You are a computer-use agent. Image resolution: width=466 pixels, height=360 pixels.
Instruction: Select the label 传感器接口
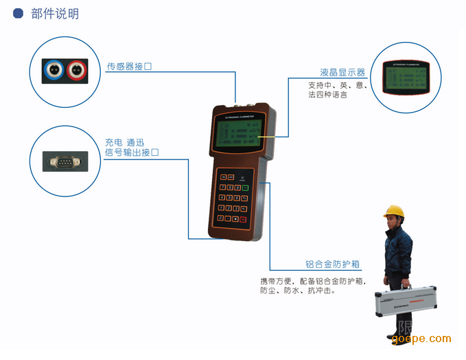tap(129, 67)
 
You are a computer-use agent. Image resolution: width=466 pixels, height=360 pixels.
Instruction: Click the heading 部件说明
tap(55, 13)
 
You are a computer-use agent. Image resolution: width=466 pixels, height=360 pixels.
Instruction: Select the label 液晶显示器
tap(342, 72)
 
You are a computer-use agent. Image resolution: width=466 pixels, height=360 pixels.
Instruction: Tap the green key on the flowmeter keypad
tap(245, 187)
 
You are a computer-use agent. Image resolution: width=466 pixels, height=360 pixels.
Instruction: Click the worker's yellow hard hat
tap(393, 212)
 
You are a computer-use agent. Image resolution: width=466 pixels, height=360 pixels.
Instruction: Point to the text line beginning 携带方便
tap(312, 281)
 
